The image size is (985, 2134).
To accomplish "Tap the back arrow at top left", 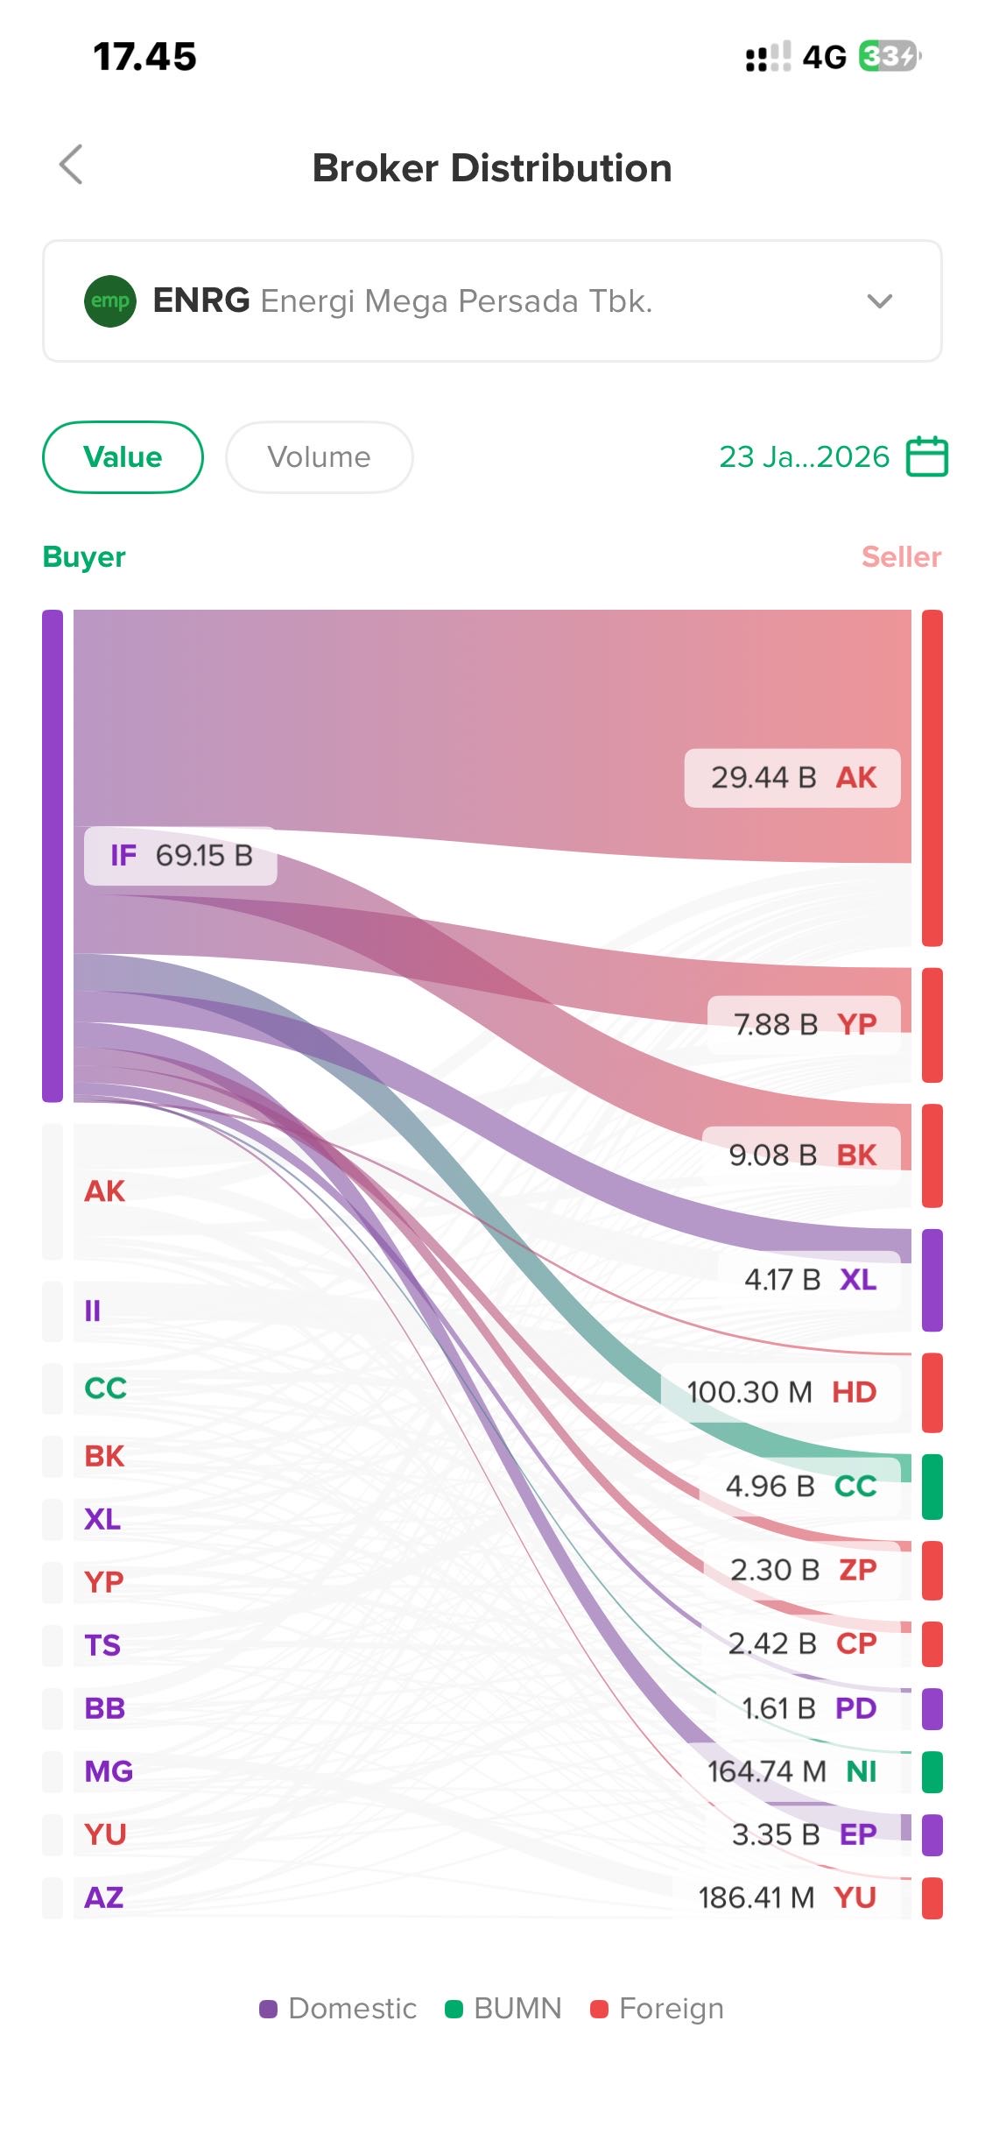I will pos(71,165).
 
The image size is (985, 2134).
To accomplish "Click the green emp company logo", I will pos(110,300).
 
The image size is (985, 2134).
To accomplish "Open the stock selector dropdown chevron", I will pos(879,301).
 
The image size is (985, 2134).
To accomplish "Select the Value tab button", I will pos(123,457).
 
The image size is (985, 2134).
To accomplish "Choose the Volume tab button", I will pos(319,457).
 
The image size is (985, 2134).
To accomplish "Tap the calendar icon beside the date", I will pos(926,456).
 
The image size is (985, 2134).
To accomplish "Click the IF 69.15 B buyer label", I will pos(181,856).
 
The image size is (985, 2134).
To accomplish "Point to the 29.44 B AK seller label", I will pos(792,778).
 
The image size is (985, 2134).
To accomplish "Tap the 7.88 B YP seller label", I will pos(804,1024).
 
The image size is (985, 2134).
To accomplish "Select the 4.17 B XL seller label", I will pos(809,1280).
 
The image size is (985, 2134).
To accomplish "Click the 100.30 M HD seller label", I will pos(781,1392).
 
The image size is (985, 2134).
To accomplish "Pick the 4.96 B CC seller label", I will pos(800,1486).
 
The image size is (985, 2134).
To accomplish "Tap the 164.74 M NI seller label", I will pos(792,1771).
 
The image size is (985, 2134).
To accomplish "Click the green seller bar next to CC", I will pos(932,1487).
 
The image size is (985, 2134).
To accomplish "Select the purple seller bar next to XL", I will pos(932,1280).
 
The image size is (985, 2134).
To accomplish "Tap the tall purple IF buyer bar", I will pos(53,855).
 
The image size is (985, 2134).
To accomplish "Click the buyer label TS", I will pos(102,1645).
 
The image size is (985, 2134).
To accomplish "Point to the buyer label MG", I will pos(109,1771).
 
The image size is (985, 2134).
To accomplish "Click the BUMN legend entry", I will pos(503,2009).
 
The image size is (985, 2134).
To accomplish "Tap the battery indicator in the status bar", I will pos(889,57).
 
